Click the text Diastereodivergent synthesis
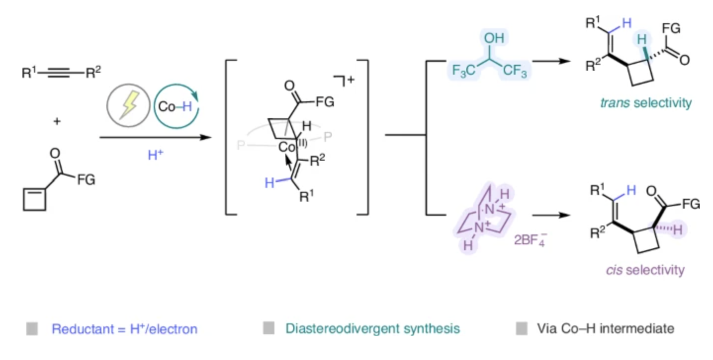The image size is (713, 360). (x=372, y=328)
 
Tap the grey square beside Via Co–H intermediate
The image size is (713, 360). (x=522, y=328)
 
